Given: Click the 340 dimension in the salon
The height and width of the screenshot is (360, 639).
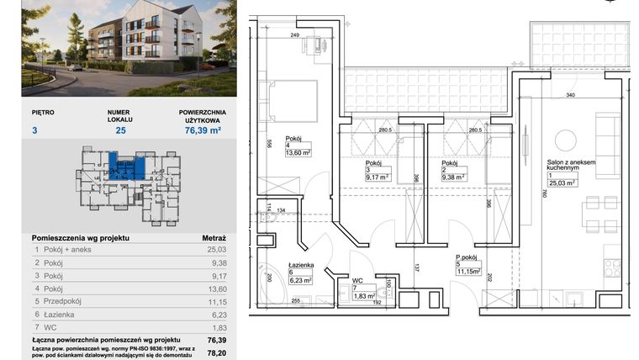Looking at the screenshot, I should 572,95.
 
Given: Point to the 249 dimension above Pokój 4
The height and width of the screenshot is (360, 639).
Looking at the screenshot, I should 295,34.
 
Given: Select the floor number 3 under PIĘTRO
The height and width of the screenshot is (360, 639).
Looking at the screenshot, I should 34,130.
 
